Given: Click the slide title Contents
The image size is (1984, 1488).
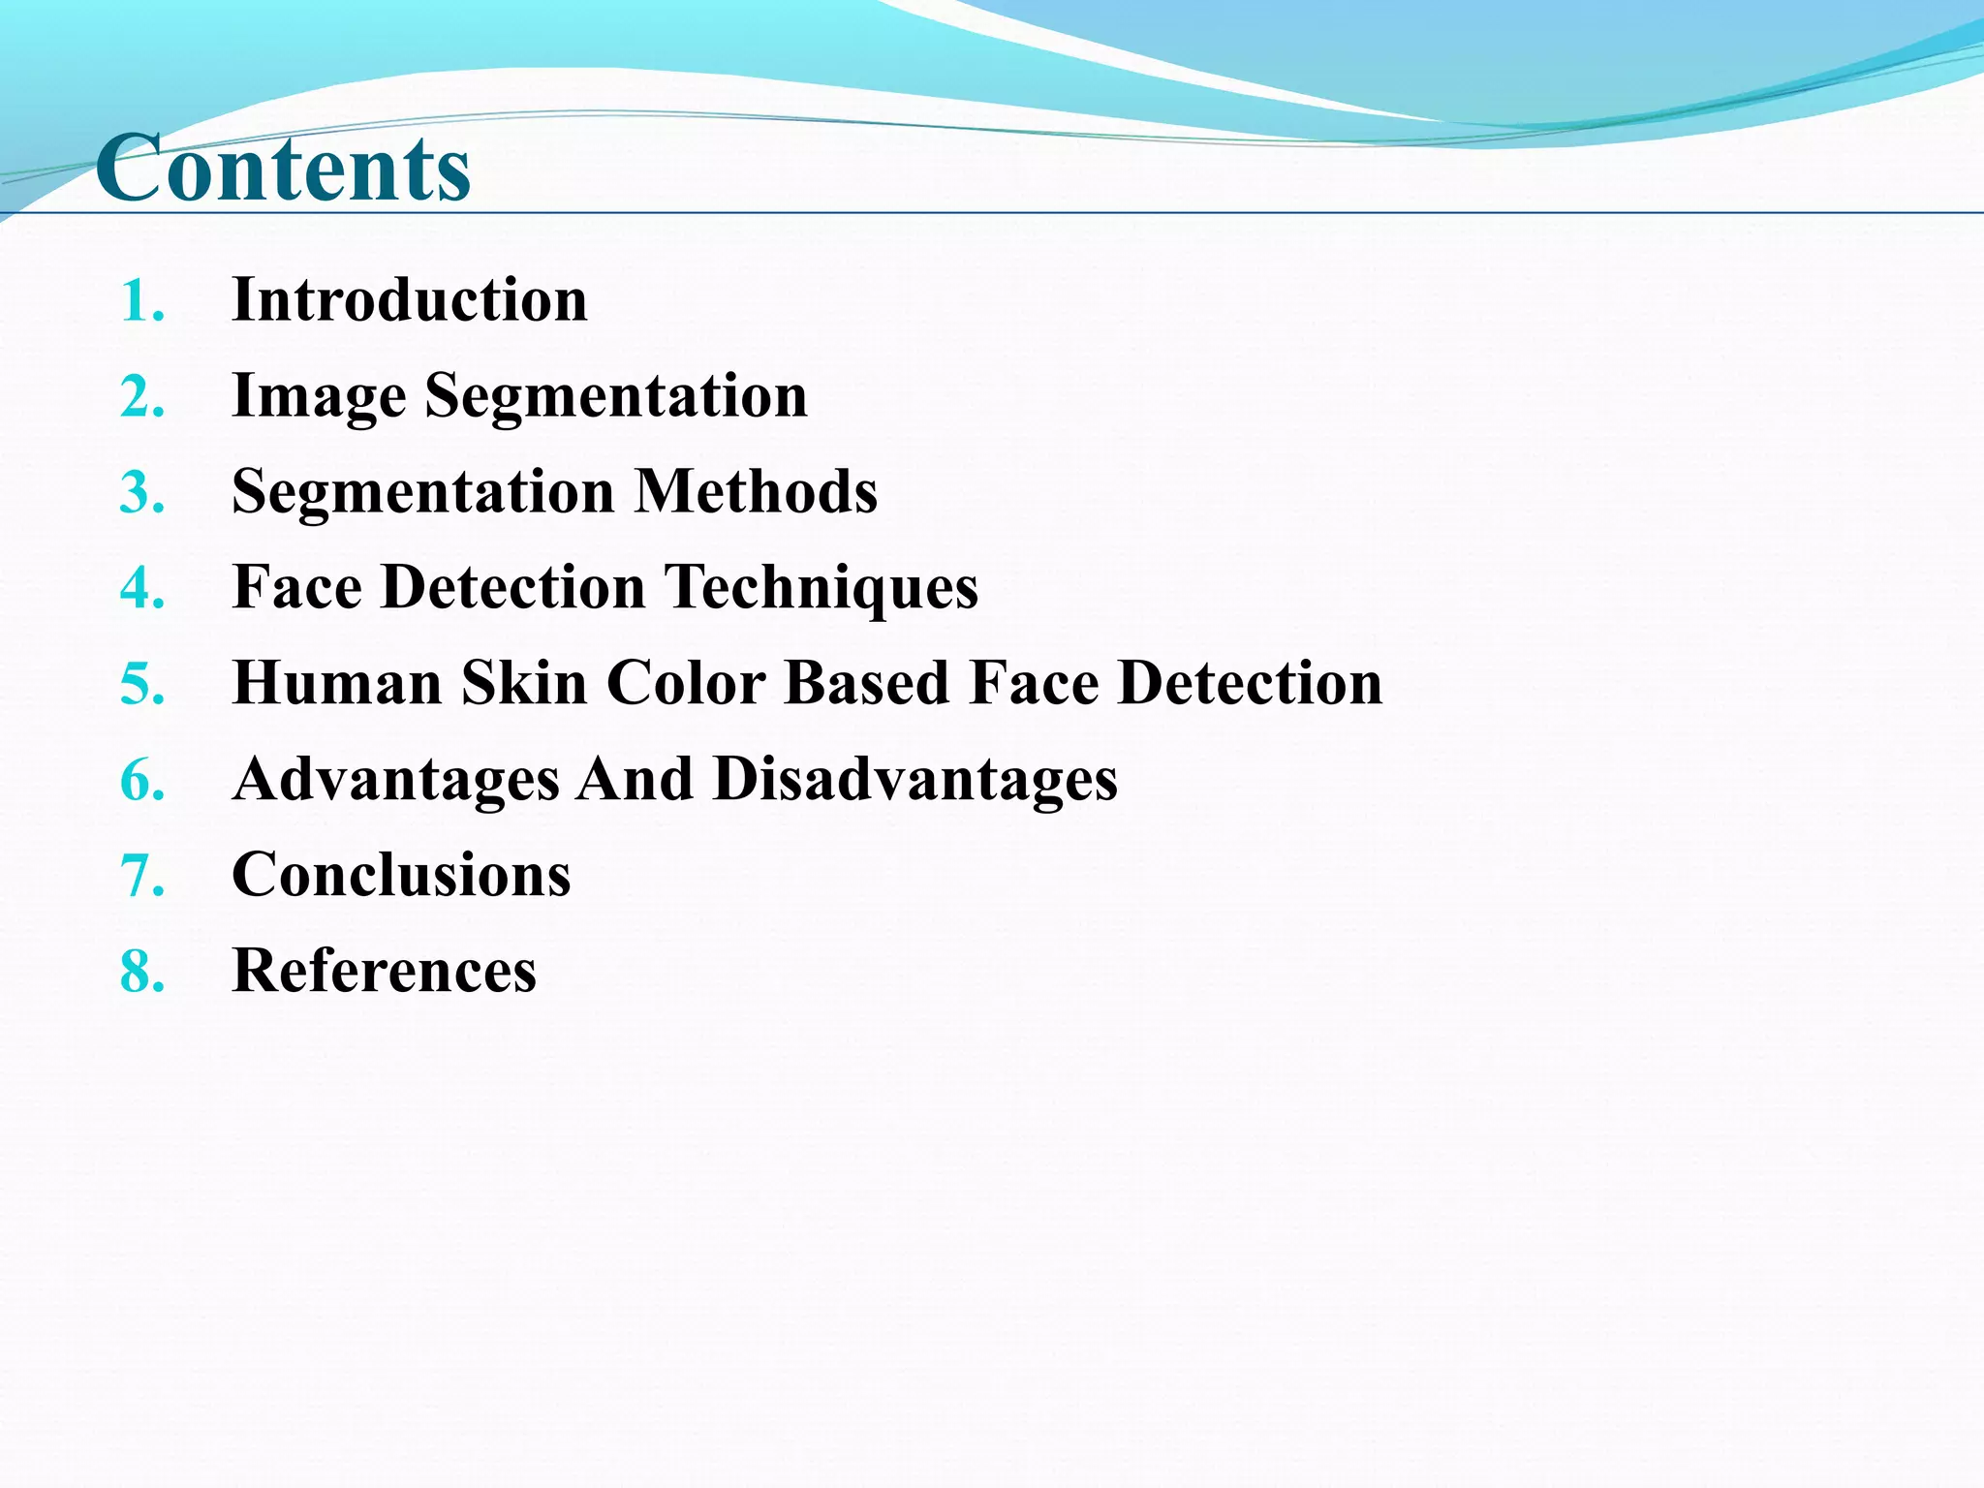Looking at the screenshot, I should pyautogui.click(x=283, y=169).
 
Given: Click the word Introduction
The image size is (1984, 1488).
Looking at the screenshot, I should pyautogui.click(x=410, y=299).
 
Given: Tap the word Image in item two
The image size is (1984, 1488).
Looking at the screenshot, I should pyautogui.click(x=319, y=396).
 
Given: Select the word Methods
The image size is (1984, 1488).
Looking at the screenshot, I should pyautogui.click(x=756, y=491).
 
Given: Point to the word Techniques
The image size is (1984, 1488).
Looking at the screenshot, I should pyautogui.click(x=821, y=587).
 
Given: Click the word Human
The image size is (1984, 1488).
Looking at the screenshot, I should pyautogui.click(x=337, y=683).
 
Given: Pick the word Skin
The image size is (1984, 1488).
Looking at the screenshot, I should pyautogui.click(x=524, y=683).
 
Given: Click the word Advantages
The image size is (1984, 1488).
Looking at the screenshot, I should pyautogui.click(x=396, y=779).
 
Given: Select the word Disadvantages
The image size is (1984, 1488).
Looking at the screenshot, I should pyautogui.click(x=915, y=779).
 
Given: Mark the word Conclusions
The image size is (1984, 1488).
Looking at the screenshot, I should pyautogui.click(x=401, y=875).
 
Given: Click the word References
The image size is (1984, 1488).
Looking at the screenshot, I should pyautogui.click(x=385, y=971).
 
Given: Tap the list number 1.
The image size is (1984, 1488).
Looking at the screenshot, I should pyautogui.click(x=141, y=301).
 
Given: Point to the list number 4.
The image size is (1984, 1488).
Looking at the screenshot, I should pyautogui.click(x=141, y=589).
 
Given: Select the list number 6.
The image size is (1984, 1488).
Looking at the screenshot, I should pyautogui.click(x=141, y=781).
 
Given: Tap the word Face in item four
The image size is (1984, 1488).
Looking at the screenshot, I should pyautogui.click(x=297, y=587).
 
